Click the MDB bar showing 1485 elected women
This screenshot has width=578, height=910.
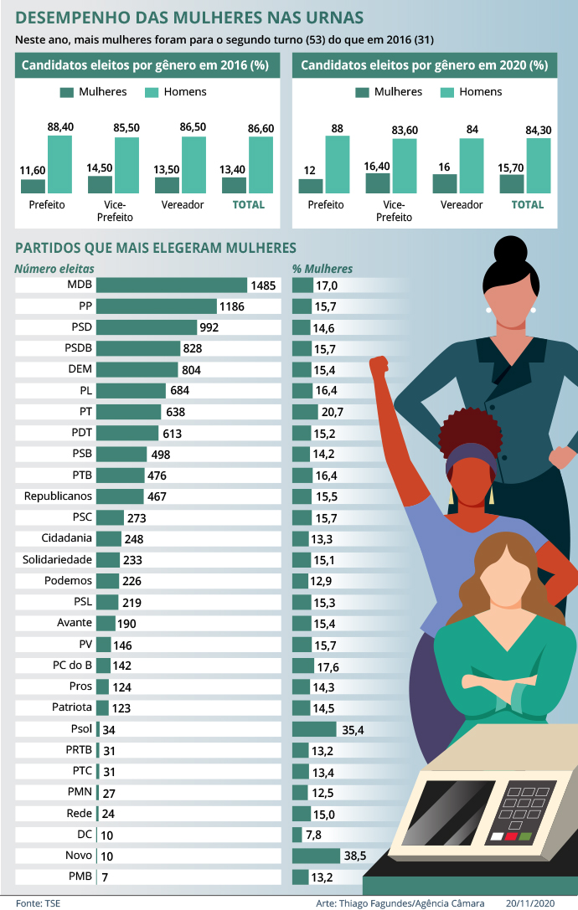[x=172, y=285]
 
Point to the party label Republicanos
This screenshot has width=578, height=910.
[x=58, y=496]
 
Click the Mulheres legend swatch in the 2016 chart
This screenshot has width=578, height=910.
[x=68, y=92]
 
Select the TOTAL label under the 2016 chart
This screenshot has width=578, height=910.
[x=248, y=204]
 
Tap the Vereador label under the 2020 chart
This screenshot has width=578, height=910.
[x=461, y=204]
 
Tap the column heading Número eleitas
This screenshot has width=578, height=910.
[x=54, y=269]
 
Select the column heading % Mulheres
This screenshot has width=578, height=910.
[x=323, y=269]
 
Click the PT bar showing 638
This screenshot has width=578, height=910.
[x=129, y=412]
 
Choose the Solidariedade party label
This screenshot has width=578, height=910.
[x=58, y=559]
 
